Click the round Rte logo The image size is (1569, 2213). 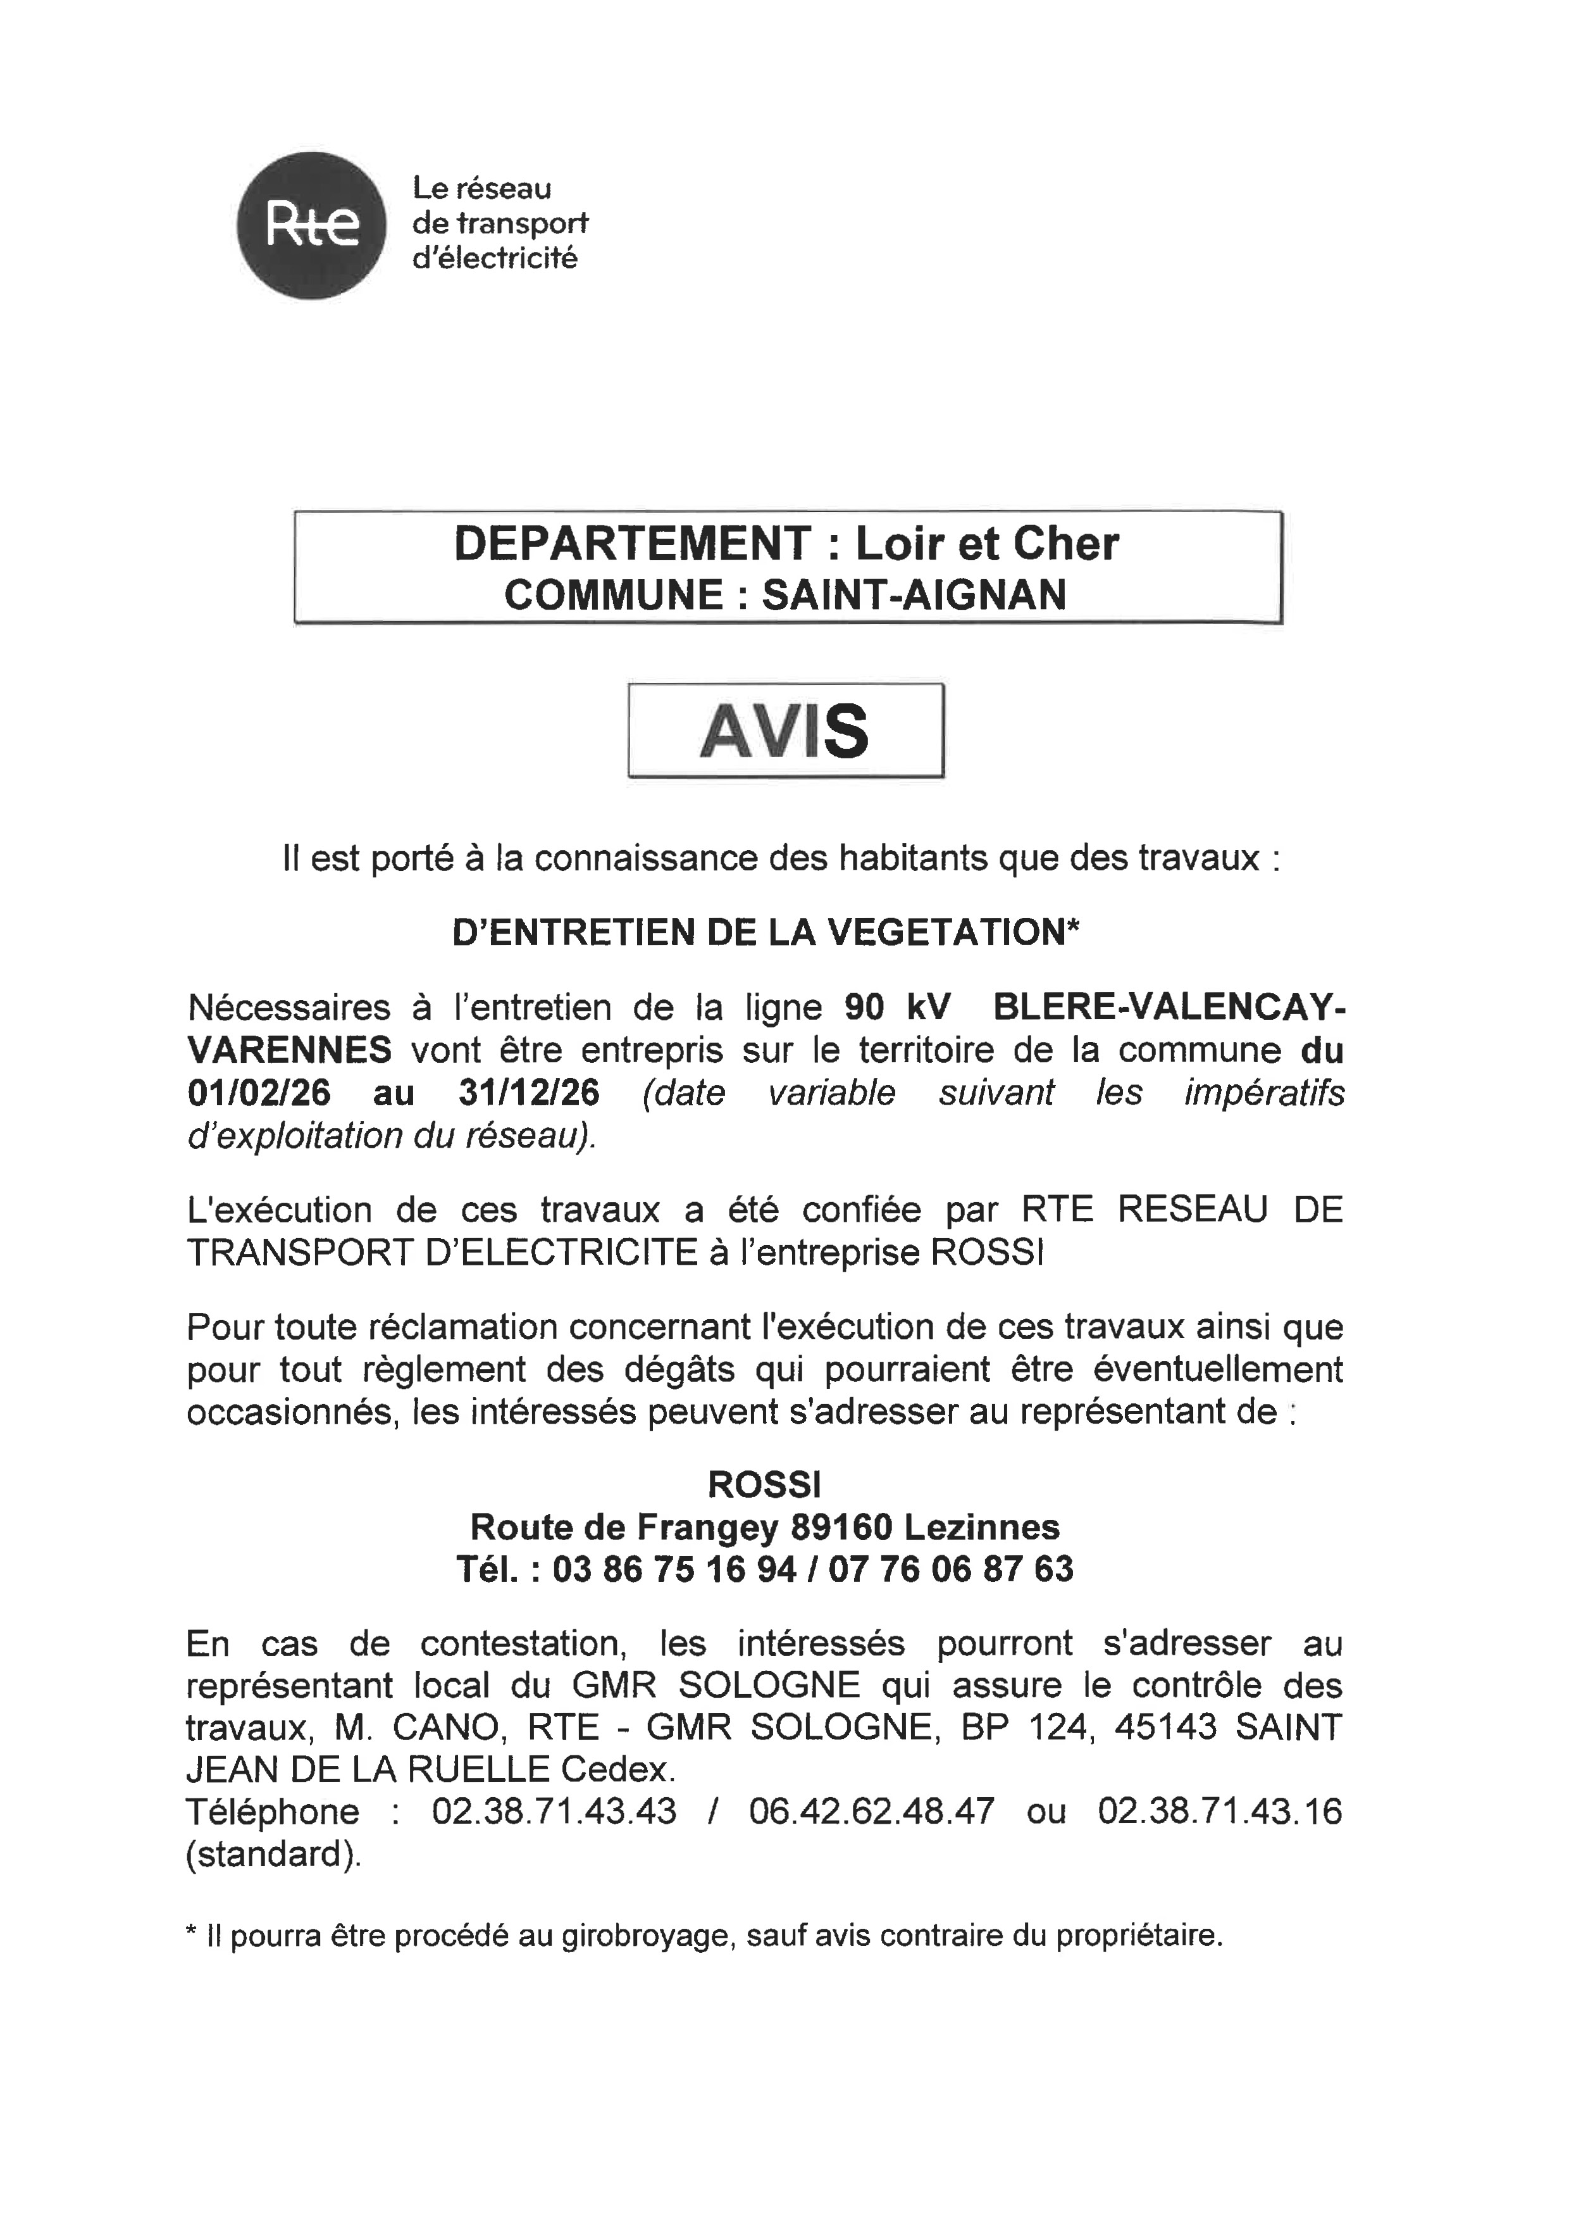pos(311,225)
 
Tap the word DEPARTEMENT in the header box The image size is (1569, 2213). pos(632,544)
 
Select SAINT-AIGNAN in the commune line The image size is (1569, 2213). pos(914,595)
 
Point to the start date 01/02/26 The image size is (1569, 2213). pos(259,1093)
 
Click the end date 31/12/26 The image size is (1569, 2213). pos(528,1093)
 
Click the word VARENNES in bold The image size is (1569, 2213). pos(289,1050)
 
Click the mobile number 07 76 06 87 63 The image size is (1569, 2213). pos(951,1569)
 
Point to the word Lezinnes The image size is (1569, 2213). pos(982,1527)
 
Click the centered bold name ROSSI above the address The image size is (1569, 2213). pos(764,1484)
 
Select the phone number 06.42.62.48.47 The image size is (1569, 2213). pos(871,1811)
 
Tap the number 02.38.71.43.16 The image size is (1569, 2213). pos(1219,1811)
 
